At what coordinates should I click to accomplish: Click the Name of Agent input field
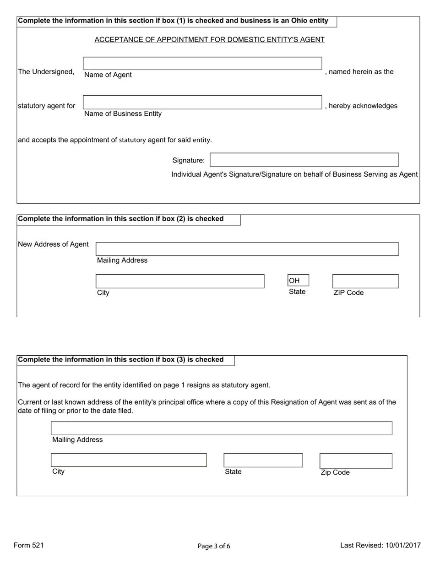[202, 63]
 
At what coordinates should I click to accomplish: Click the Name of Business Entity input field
[202, 102]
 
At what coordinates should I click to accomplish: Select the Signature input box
[304, 160]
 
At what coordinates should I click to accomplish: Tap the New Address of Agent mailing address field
[247, 249]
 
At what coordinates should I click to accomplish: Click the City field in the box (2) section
[180, 281]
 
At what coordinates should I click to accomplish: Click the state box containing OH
[298, 280]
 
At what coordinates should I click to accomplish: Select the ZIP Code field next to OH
[365, 281]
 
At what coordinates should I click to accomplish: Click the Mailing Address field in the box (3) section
[221, 428]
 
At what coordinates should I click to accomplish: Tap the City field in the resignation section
[129, 460]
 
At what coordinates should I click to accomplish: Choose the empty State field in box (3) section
[263, 460]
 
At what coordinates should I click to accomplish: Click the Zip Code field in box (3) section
[355, 460]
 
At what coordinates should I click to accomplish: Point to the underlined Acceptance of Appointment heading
[209, 40]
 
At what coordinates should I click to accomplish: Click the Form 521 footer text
[29, 545]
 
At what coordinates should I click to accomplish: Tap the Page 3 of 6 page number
[214, 546]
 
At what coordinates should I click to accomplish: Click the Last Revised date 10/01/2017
[380, 545]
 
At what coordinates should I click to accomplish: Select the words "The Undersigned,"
[46, 72]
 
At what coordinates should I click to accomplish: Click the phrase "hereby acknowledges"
[363, 106]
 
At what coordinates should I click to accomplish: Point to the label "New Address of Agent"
[53, 244]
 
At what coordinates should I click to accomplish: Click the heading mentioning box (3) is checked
[121, 360]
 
